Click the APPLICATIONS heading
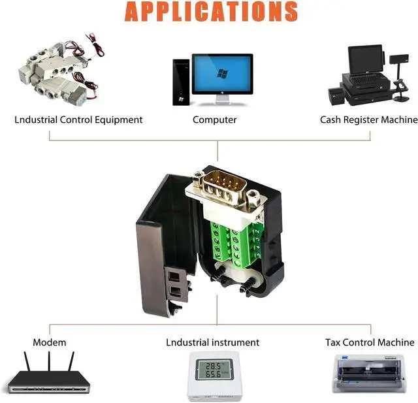(211, 11)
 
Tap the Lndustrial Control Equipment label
(78, 120)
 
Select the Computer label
(214, 120)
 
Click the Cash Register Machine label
(368, 120)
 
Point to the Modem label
(50, 342)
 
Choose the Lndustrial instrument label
(212, 342)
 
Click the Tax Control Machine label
(370, 342)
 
